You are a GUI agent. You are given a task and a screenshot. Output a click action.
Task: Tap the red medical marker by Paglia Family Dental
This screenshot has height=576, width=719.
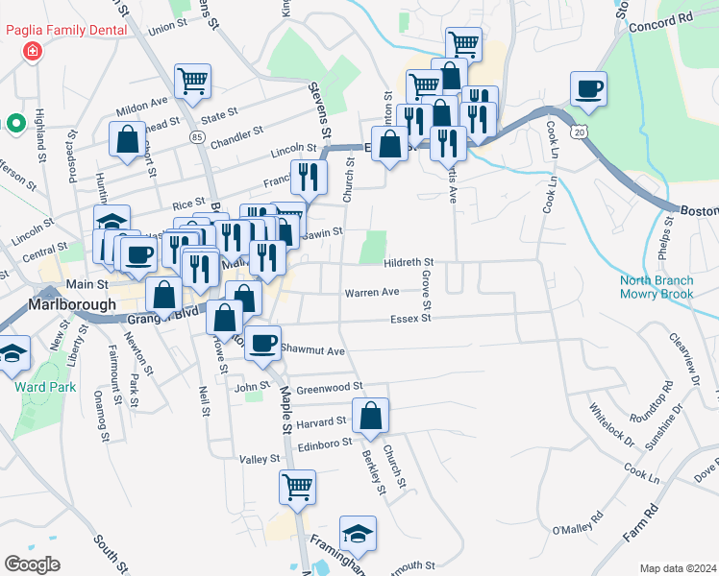(34, 50)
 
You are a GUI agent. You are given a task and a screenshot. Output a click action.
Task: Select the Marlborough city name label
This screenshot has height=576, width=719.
(65, 304)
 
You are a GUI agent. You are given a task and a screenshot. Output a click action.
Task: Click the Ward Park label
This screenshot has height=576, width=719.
(32, 387)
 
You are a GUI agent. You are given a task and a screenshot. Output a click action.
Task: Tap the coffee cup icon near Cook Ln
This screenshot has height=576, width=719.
(588, 89)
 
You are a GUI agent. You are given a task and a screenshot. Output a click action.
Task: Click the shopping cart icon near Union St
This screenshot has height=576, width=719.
(192, 82)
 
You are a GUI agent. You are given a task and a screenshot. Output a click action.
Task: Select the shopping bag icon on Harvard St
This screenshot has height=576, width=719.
(370, 416)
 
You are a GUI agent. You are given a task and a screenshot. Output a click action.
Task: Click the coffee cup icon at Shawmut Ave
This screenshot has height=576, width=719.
(262, 343)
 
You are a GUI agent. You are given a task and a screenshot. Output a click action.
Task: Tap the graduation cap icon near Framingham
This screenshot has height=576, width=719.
(358, 533)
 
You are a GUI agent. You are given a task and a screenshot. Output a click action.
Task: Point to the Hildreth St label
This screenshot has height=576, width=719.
(409, 261)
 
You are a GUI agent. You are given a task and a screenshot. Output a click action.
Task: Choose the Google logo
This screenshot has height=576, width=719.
(31, 564)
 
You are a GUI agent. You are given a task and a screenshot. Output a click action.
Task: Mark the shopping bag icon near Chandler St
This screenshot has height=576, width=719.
(127, 139)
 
